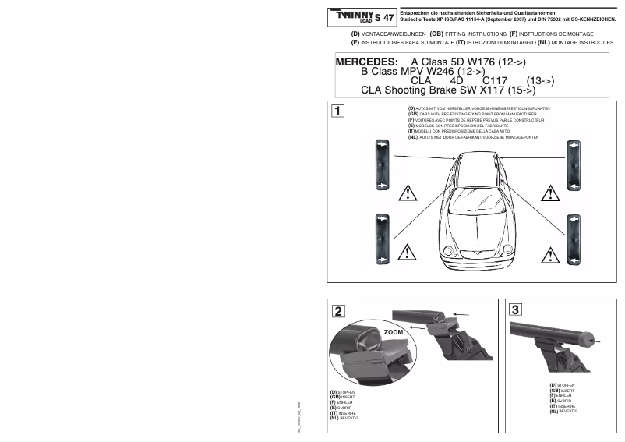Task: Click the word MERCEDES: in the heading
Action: coord(366,61)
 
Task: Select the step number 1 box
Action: coord(336,110)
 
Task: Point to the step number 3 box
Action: coord(517,309)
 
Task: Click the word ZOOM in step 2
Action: coord(394,331)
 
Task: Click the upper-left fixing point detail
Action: coord(383,164)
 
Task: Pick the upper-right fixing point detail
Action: coord(574,164)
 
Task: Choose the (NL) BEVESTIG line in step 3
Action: coord(563,411)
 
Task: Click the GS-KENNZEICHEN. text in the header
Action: coord(581,17)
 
